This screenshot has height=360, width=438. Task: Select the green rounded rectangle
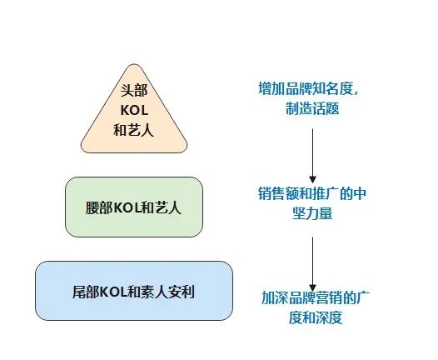point(134,207)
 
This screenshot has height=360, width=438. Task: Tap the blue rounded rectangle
point(134,291)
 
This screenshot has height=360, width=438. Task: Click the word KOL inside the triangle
point(134,110)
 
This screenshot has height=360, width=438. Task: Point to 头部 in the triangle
point(134,90)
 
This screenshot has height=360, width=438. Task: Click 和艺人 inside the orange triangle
point(133,130)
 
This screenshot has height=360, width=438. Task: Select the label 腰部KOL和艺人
point(133,208)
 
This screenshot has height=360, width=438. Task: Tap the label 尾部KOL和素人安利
point(133,292)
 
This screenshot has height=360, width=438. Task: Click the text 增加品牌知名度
point(306,88)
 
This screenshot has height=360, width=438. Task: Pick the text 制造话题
point(312,108)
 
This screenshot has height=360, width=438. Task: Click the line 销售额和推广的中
point(312,193)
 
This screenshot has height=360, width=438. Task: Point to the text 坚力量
point(312,213)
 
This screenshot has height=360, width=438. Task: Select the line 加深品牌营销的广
point(316,297)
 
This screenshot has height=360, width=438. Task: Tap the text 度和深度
point(316,317)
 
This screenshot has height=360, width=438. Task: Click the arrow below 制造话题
point(312,156)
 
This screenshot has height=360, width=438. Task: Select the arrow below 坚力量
point(312,264)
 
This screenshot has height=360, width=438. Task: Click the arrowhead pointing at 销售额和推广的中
point(312,180)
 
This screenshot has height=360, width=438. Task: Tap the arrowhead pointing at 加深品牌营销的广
point(312,287)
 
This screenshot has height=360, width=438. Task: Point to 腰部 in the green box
point(99,208)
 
